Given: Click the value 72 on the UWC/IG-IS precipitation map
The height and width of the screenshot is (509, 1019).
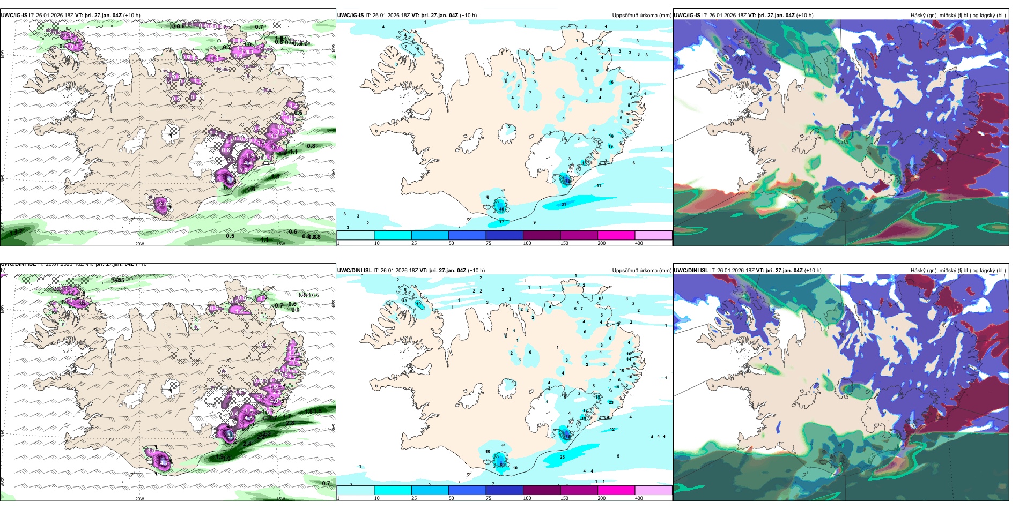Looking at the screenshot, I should [x=567, y=182].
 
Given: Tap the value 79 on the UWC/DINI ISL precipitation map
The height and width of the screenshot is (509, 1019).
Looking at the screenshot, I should [x=567, y=437].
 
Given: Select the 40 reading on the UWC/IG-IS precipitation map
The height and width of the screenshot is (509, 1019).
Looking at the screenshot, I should [x=501, y=209].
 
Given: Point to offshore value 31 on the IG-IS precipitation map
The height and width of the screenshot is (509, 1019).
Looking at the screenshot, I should [x=564, y=204].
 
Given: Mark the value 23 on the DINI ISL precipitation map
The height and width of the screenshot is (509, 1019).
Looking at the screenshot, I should [x=611, y=402].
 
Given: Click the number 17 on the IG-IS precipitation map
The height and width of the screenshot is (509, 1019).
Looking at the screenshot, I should [x=502, y=222].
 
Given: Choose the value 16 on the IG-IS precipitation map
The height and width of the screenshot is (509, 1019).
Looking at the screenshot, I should [x=611, y=83].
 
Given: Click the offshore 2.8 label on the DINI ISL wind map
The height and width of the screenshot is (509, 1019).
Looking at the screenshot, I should [x=290, y=423].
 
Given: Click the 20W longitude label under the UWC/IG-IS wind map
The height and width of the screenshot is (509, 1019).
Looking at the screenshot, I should [x=139, y=244].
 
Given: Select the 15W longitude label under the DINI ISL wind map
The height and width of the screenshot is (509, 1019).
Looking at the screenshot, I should [x=280, y=499].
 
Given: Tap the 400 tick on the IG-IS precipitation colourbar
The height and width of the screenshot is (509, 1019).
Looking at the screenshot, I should [x=639, y=243].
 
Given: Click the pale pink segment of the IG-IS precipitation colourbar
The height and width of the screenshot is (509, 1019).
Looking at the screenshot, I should [x=653, y=235].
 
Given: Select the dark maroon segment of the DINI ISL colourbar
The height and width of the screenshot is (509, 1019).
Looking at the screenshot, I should [x=541, y=490].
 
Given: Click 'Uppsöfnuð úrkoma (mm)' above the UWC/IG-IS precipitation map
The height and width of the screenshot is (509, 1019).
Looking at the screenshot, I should [x=641, y=16].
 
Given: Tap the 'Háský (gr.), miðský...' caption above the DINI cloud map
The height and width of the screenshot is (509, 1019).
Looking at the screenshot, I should [x=958, y=271].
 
